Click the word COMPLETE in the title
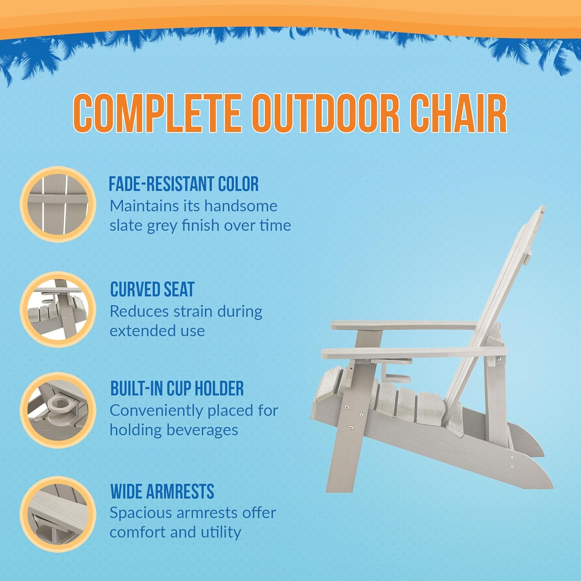(157, 113)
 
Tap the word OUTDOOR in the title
(325, 113)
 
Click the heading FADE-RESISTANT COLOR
(184, 184)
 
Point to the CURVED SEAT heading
(152, 289)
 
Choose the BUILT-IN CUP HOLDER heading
(177, 388)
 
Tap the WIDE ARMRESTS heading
(162, 492)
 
